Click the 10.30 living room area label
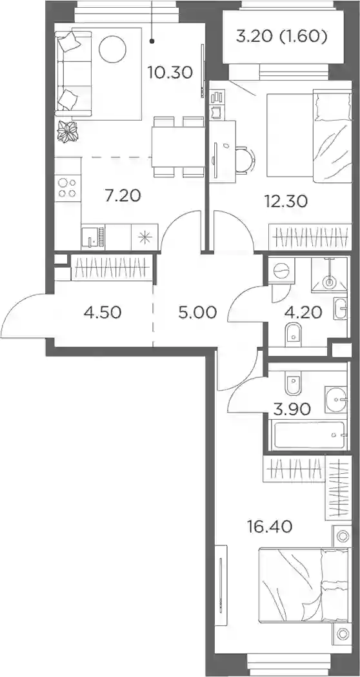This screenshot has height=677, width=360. (170, 72)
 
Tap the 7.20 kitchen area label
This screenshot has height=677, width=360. (123, 197)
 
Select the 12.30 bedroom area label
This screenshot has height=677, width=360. (286, 201)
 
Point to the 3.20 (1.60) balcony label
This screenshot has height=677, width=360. (281, 36)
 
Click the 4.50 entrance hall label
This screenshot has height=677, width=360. (103, 311)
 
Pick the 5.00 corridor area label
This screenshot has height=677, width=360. (197, 311)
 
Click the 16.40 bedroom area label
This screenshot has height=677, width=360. (270, 526)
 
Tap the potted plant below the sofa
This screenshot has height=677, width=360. (67, 132)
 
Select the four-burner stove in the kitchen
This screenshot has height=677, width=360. (67, 188)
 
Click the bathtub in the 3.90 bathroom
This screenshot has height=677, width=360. (310, 435)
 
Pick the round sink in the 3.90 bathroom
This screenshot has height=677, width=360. (336, 399)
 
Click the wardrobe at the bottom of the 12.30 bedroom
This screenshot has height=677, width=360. (310, 237)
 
